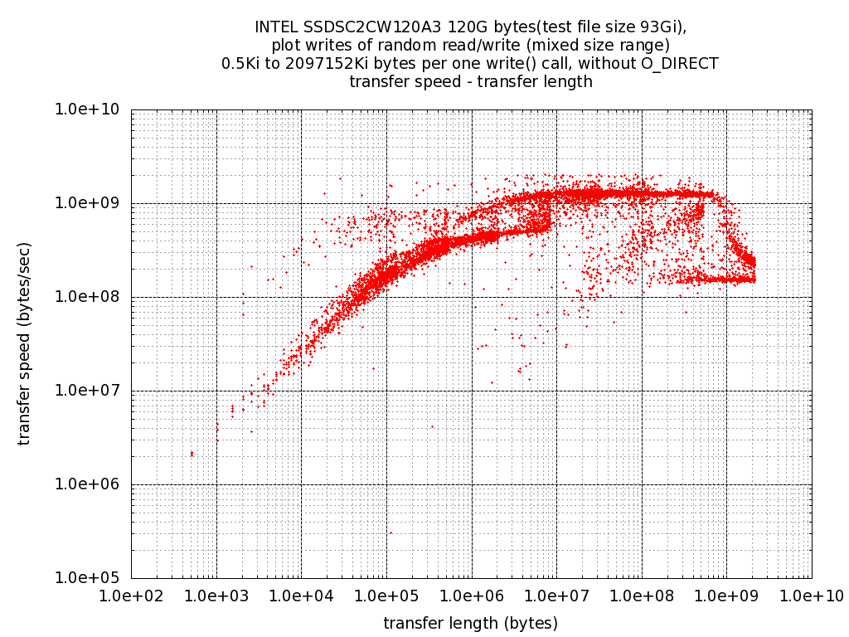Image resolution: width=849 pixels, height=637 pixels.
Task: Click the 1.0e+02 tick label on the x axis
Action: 131,595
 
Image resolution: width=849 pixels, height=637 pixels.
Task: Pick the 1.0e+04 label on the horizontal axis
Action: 301,595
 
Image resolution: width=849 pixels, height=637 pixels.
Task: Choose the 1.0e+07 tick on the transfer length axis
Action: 556,595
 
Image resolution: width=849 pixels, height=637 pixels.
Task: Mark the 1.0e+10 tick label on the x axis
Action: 811,595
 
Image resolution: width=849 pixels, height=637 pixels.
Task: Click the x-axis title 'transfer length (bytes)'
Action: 470,623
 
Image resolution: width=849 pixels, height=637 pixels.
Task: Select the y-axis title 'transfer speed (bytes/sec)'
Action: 24,343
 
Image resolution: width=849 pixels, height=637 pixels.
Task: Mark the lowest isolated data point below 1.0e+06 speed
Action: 391,532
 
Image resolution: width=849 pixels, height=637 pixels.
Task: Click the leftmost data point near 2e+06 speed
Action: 192,454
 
